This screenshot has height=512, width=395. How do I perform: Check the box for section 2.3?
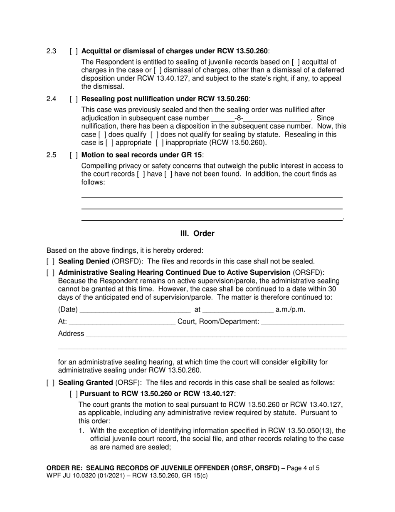74,51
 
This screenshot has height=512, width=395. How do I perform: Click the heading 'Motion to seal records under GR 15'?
141,155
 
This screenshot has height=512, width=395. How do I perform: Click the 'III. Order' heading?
197,234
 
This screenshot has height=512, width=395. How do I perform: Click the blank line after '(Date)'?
135,310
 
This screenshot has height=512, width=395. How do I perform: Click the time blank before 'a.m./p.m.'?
238,310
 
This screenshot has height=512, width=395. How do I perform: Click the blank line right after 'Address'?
216,334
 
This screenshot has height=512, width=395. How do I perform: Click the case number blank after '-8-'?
276,119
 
